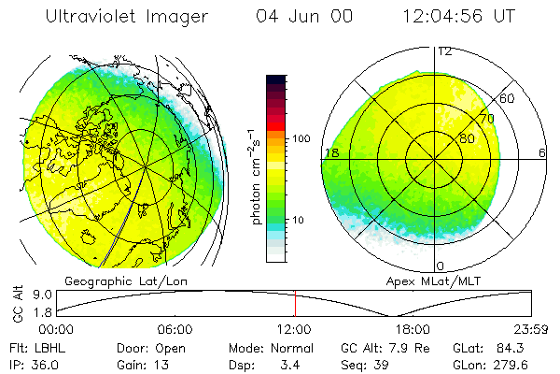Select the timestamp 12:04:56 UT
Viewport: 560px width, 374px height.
(459, 16)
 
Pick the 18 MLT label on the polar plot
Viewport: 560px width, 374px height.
(330, 152)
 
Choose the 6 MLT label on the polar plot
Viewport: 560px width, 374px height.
(541, 152)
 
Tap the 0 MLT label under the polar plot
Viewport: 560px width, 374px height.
(441, 266)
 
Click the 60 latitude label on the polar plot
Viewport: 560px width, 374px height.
(508, 98)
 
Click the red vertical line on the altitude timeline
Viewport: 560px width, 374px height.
(295, 303)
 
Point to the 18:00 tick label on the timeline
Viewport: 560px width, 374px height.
(413, 329)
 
